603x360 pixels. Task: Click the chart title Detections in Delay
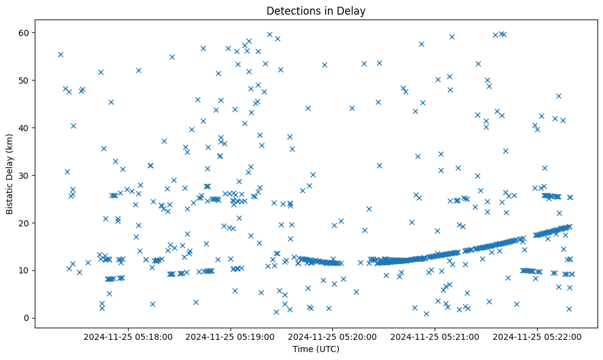(x=316, y=10)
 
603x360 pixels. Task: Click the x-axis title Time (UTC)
(x=316, y=349)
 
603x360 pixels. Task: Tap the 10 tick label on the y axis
(x=25, y=270)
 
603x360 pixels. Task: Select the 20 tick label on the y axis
(x=25, y=223)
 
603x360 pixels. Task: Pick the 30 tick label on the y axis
(x=25, y=175)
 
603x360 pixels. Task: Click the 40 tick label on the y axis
(x=25, y=128)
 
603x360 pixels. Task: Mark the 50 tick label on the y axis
(x=25, y=80)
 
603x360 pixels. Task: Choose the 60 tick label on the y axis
(x=25, y=32)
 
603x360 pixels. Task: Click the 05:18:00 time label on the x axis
(x=129, y=336)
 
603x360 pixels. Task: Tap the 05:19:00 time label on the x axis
(x=231, y=336)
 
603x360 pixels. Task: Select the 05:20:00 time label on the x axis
(x=333, y=336)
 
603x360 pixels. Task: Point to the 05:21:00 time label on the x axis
(x=435, y=336)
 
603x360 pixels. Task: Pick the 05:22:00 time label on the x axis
(x=537, y=336)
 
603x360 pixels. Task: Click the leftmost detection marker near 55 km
(x=60, y=54)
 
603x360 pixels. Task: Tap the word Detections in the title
(x=291, y=10)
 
